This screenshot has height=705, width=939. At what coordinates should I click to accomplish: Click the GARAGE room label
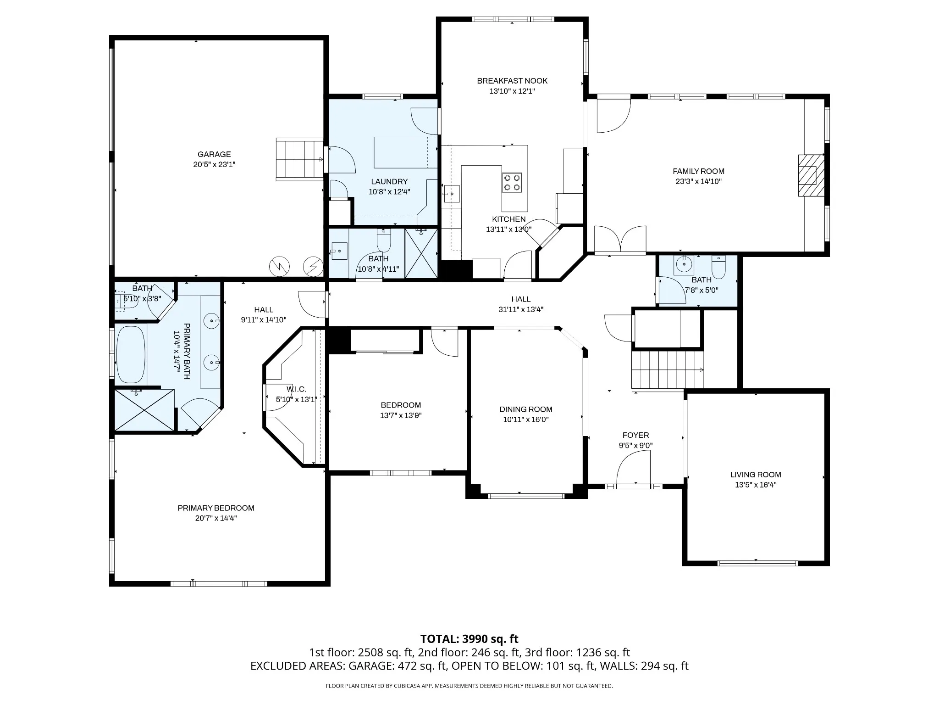214,154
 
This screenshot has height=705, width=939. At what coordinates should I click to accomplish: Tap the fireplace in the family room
811,175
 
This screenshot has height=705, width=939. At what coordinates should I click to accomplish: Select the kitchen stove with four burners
512,182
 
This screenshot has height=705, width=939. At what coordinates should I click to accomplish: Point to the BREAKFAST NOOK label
512,81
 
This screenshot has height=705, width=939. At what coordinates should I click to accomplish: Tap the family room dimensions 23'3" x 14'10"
699,181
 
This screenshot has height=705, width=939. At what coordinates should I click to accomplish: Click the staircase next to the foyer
667,370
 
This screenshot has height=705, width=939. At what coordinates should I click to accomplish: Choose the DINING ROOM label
526,409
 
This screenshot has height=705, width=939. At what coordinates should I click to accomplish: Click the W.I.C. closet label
296,389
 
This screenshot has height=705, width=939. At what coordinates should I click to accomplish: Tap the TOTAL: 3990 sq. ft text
469,639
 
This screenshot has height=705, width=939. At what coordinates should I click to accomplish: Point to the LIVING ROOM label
756,475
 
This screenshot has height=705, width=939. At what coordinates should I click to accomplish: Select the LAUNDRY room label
389,182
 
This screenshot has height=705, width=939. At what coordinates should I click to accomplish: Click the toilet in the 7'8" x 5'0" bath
718,267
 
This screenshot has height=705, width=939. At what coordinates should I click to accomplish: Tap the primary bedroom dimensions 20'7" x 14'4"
216,518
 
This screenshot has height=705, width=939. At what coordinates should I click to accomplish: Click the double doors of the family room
620,239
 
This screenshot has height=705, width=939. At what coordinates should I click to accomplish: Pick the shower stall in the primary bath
144,410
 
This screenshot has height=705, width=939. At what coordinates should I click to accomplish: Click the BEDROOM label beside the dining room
401,405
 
